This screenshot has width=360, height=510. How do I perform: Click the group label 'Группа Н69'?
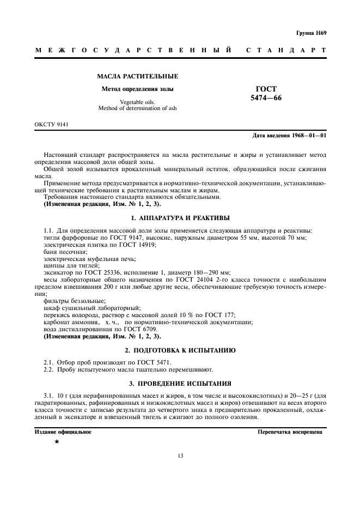point(312,33)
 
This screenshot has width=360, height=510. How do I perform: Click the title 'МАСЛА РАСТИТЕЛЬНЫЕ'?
point(137,76)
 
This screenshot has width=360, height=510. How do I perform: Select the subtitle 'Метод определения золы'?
point(137,88)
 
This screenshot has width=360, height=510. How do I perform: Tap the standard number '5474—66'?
point(266,98)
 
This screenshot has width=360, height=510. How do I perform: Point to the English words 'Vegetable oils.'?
point(137,102)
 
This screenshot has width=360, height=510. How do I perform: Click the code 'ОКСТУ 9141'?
point(52,125)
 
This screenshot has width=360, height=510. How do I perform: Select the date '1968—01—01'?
point(308,135)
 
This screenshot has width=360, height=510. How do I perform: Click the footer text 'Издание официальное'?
point(63,432)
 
